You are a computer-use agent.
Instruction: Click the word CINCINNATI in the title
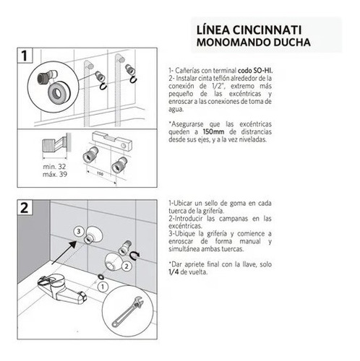pyautogui.click(x=267, y=30)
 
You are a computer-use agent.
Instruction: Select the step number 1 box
pyautogui.click(x=25, y=56)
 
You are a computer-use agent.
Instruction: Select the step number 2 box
pyautogui.click(x=25, y=207)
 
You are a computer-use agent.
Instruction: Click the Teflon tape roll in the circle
pyautogui.click(x=59, y=91)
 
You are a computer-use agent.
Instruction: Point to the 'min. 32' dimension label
pyautogui.click(x=54, y=167)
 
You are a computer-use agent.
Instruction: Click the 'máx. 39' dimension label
pyautogui.click(x=55, y=174)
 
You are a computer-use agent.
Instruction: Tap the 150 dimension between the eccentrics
pyautogui.click(x=100, y=173)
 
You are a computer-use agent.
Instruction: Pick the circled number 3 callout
pyautogui.click(x=79, y=232)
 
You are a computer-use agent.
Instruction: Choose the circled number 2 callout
pyautogui.click(x=127, y=266)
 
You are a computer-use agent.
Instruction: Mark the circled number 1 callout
pyautogui.click(x=103, y=287)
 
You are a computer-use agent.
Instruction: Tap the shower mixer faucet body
pyautogui.click(x=61, y=288)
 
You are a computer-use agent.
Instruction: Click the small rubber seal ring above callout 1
pyautogui.click(x=101, y=277)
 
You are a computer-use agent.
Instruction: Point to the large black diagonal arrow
pyautogui.click(x=64, y=253)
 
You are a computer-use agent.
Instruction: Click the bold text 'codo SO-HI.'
pyautogui.click(x=255, y=71)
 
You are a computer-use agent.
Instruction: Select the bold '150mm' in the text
pyautogui.click(x=213, y=132)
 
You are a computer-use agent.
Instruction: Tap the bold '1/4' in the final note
pyautogui.click(x=173, y=272)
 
